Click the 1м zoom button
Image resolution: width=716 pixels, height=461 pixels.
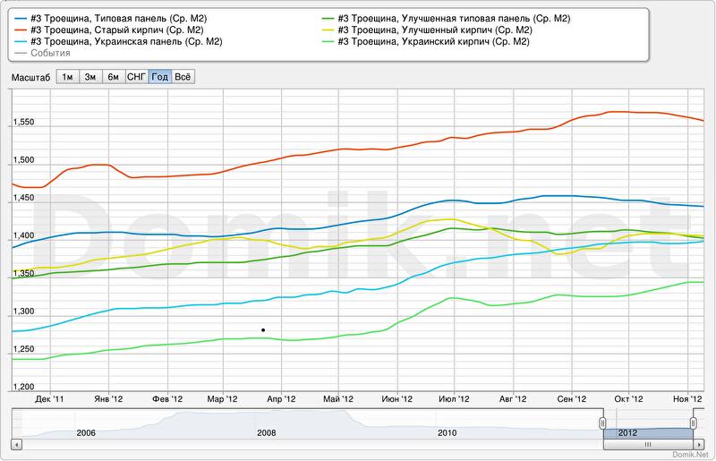point(67,77)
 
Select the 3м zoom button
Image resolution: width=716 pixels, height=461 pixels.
point(90,77)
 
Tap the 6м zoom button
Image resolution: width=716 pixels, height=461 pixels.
point(114,77)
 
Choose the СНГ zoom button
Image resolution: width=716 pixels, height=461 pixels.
point(137,77)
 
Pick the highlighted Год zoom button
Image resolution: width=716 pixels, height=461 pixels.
point(160,77)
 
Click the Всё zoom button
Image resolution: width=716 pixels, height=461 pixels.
point(183,77)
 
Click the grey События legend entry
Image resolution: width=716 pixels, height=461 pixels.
point(49,53)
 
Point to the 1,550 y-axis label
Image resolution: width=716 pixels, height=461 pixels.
point(22,122)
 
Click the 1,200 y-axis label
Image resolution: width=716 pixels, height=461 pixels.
point(22,387)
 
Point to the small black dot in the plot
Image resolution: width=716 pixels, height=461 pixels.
point(263,330)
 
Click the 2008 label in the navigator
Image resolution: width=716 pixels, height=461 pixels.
point(267,433)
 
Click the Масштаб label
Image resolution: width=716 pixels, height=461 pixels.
point(30,77)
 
